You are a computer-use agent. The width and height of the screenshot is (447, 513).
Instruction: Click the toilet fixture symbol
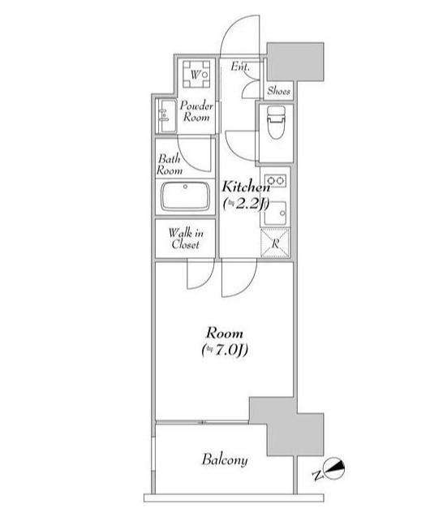tap(276, 122)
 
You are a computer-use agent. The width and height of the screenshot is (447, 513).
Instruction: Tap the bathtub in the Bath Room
tap(185, 196)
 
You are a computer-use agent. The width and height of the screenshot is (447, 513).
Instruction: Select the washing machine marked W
tap(196, 74)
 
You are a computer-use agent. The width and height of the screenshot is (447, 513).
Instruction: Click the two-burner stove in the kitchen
tap(275, 180)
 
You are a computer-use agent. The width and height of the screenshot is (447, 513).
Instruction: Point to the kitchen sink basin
tap(275, 213)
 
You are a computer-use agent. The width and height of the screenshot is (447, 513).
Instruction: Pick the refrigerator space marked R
tap(275, 243)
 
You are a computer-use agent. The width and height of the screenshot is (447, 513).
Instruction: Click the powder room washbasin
tap(167, 116)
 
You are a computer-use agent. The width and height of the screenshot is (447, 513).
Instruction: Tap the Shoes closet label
tap(278, 91)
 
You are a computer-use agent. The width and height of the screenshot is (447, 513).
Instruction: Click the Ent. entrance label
tap(240, 67)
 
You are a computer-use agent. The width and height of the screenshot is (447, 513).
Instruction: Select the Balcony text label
tap(225, 459)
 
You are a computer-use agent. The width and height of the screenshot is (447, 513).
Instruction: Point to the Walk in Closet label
tap(186, 239)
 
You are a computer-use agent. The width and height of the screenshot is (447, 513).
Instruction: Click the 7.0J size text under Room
tap(225, 350)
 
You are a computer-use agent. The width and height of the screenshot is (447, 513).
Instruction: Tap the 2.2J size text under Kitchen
tap(246, 204)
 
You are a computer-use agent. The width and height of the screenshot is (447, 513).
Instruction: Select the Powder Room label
tap(196, 111)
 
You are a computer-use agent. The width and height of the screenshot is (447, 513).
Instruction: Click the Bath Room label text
tap(170, 165)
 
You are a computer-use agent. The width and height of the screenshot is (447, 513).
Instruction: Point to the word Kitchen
tap(246, 187)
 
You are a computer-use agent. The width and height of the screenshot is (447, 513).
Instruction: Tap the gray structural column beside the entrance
tap(295, 62)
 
